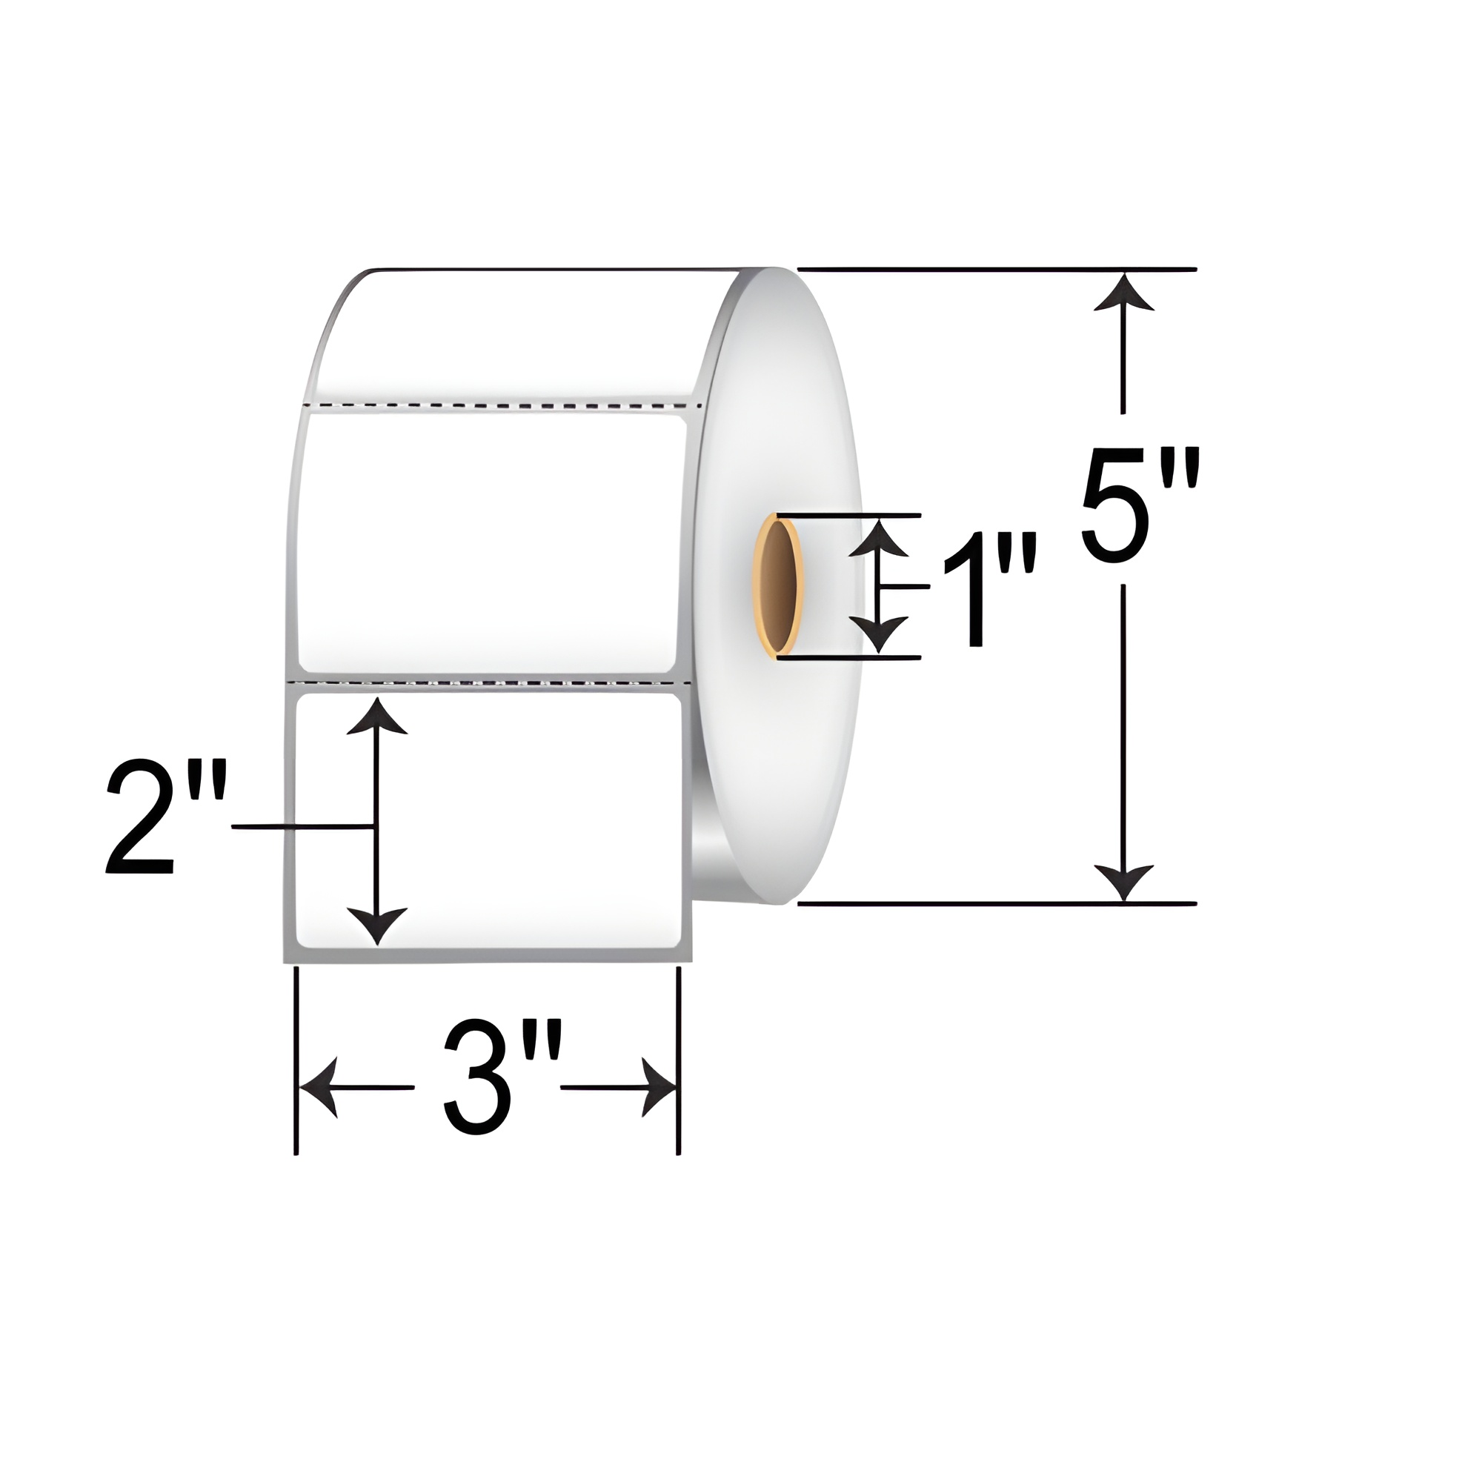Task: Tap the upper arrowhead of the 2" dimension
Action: (376, 717)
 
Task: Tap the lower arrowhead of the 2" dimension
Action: (376, 924)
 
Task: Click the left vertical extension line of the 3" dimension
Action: (296, 1059)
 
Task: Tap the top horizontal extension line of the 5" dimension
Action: (997, 270)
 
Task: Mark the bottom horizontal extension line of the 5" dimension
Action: (997, 904)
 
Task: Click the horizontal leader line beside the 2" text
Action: (299, 827)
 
